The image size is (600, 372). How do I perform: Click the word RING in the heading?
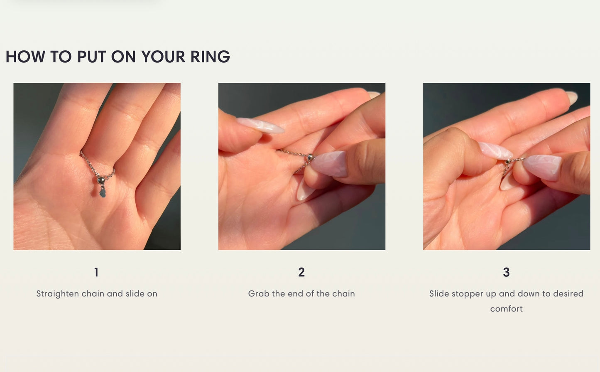tap(210, 57)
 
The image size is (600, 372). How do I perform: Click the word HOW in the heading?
tap(25, 57)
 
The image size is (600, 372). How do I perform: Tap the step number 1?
tap(96, 272)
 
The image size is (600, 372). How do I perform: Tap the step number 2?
tap(301, 272)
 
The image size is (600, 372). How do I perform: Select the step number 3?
tap(506, 272)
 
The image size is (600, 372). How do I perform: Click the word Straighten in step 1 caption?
tap(57, 293)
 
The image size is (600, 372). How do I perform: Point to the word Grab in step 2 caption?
tap(258, 293)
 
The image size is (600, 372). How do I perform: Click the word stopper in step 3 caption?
tap(467, 293)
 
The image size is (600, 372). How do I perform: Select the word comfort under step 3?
tap(506, 308)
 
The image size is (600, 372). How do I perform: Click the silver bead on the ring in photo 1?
tap(100, 180)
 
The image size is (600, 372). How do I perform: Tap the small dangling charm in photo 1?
tap(103, 193)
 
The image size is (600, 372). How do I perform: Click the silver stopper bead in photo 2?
tap(310, 157)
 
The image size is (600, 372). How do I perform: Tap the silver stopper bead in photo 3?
tap(508, 161)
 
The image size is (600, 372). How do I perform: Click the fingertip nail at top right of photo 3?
tap(571, 98)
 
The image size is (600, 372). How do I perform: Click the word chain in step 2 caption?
tap(343, 293)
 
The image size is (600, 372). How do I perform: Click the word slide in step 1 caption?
tap(135, 293)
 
